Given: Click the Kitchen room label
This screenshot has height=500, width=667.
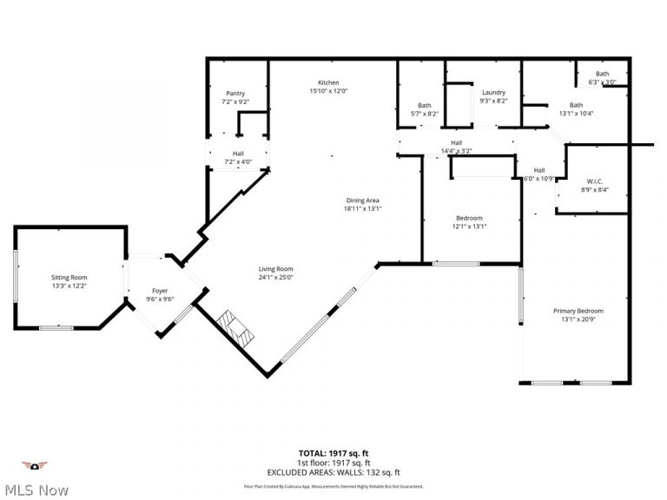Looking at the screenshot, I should [x=327, y=82].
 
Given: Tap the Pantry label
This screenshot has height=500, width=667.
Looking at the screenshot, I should [x=235, y=94].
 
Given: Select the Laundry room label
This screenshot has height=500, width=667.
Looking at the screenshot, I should [x=493, y=93].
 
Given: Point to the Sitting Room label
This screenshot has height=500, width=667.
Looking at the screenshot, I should [x=69, y=277].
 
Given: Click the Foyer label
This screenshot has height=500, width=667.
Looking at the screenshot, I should [x=160, y=291].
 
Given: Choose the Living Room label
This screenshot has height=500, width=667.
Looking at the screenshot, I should [x=275, y=269].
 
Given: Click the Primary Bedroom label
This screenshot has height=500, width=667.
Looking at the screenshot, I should [x=578, y=311].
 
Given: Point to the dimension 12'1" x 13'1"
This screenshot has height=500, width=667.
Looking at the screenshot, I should [x=469, y=227].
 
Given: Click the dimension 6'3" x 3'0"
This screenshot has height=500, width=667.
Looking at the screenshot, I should [x=602, y=82].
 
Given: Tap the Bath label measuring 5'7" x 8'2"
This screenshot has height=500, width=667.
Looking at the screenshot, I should [x=424, y=106].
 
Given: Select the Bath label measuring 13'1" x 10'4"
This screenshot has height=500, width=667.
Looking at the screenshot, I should [x=576, y=105].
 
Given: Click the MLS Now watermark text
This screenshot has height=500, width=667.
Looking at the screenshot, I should [x=35, y=490].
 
